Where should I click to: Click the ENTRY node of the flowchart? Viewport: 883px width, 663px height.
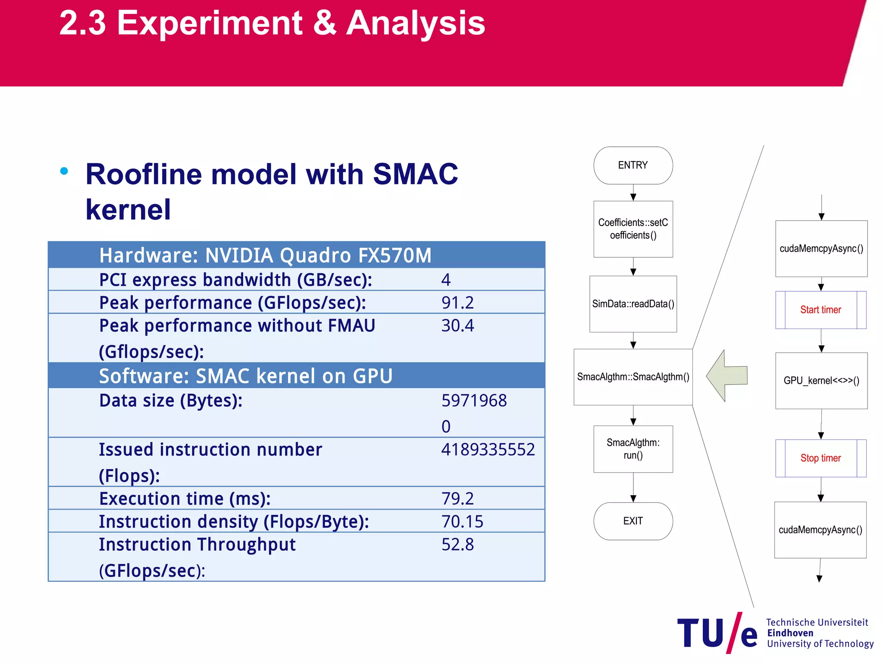point(633,165)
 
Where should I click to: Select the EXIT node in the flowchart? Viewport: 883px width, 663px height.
point(633,521)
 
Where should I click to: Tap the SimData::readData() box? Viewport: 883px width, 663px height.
point(633,304)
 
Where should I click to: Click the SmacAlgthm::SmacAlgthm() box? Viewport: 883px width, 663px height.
point(633,377)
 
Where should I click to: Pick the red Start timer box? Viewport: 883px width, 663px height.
point(820,310)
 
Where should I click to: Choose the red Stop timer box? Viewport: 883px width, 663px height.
point(820,458)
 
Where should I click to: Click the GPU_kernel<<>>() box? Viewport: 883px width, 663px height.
point(821,381)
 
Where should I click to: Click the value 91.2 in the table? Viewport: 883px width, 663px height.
point(457,303)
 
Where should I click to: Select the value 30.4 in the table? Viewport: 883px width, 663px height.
point(457,325)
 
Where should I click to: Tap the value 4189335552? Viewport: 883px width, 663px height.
point(488,450)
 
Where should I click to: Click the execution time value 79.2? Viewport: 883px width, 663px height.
point(457,499)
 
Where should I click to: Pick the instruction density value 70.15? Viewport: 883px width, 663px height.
point(462,521)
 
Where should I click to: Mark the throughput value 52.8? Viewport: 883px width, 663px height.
point(457,544)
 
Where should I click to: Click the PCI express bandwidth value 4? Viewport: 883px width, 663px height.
point(446,280)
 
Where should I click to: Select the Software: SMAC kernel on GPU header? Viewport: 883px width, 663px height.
point(246,376)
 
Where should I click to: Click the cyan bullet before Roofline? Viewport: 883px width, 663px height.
point(64,171)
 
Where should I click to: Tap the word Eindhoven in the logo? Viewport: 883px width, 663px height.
point(790,633)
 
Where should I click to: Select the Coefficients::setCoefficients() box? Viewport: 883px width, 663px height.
point(633,229)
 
